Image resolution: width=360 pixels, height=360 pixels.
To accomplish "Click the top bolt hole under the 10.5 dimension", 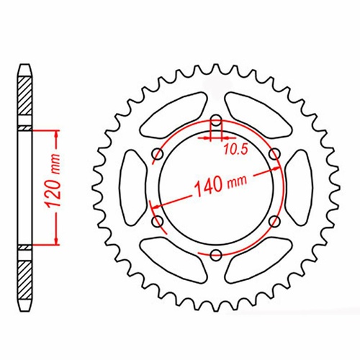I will click(215, 120).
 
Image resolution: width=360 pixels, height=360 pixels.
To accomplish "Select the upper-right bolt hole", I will click(273, 153).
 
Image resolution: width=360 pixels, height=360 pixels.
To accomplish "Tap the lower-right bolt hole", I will click(273, 220).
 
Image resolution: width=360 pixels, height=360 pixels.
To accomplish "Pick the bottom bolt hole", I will click(215, 253).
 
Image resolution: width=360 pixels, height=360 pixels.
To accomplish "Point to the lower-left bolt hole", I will click(158, 220).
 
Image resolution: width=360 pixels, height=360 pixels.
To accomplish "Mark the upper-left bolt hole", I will click(158, 153).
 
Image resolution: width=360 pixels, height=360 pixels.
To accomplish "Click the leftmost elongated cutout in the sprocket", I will click(131, 186).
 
